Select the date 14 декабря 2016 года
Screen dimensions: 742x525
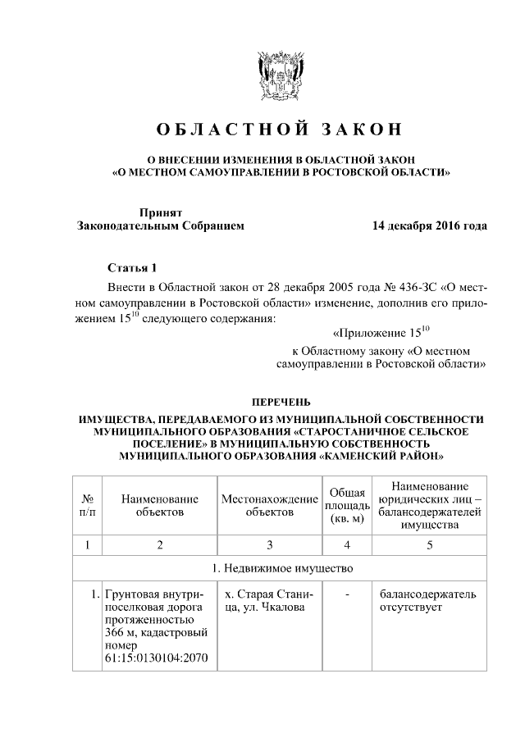tap(429, 225)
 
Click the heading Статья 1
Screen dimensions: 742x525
tap(130, 268)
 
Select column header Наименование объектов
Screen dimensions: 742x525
tap(160, 505)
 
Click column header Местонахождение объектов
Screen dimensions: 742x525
tap(269, 505)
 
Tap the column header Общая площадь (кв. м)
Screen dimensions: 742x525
tap(347, 505)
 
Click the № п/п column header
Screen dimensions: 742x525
tap(88, 505)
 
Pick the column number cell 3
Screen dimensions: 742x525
tap(269, 544)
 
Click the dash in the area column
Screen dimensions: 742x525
tap(347, 593)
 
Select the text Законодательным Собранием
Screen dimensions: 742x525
tap(161, 225)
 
